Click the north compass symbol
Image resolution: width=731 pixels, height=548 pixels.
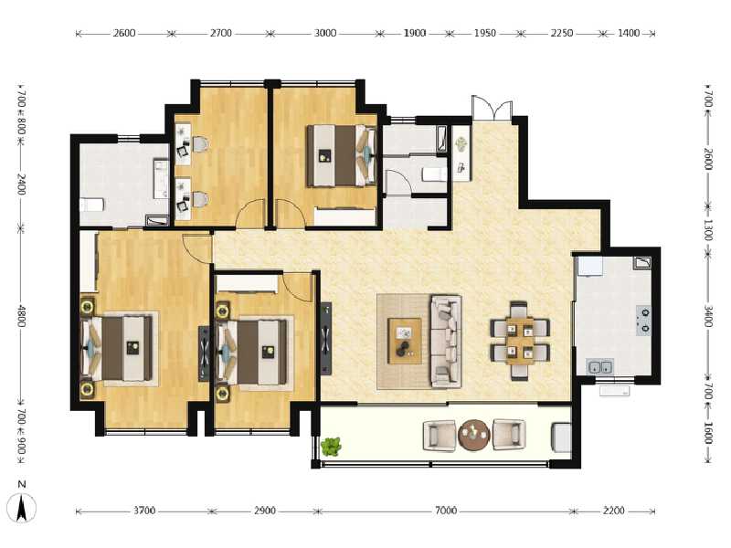[20, 506]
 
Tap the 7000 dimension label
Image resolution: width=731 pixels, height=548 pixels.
[445, 511]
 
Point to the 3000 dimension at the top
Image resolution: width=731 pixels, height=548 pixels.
[325, 33]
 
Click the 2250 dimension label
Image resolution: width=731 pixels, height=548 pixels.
[561, 33]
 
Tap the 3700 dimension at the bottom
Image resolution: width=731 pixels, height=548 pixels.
[144, 511]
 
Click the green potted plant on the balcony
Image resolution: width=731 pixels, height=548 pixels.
[331, 447]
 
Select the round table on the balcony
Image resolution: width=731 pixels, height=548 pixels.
[474, 435]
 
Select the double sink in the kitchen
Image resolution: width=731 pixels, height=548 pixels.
[600, 367]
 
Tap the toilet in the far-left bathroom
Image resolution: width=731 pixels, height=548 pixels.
[92, 205]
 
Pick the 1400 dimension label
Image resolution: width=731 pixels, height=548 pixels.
[629, 33]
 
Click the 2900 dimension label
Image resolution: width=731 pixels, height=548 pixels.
[264, 511]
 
